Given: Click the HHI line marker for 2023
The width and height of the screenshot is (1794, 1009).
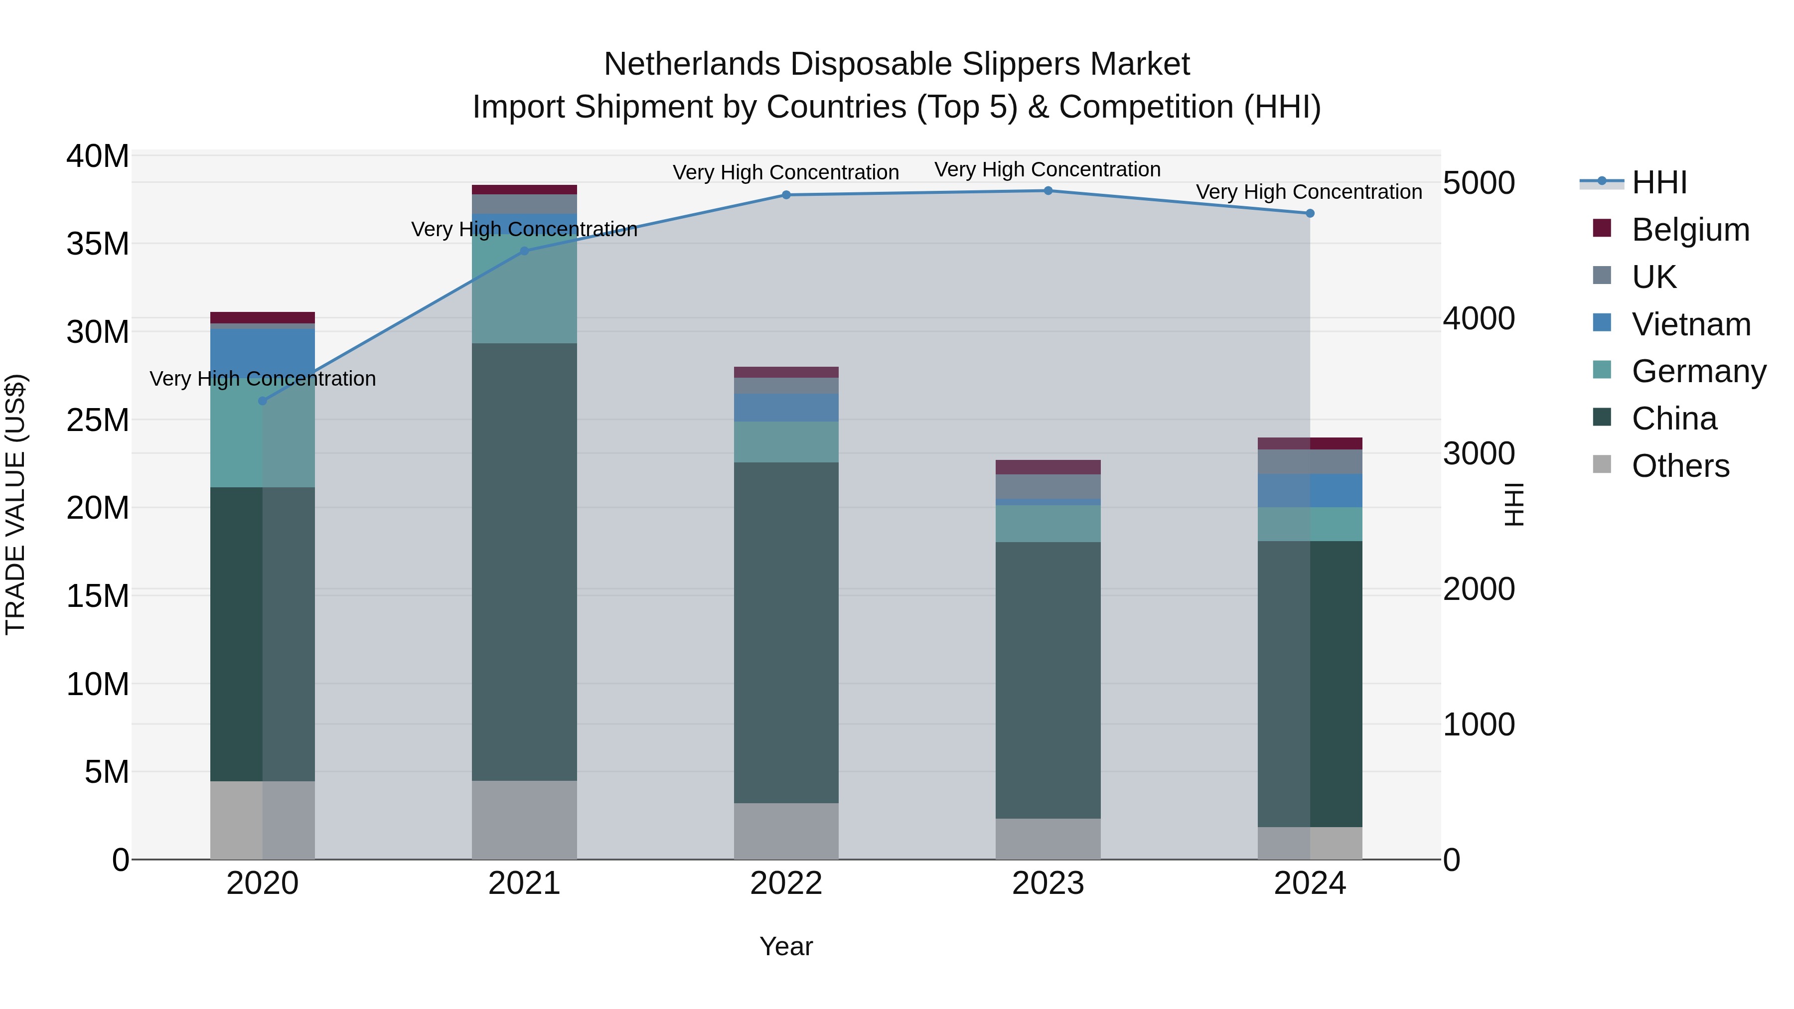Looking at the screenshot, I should click(x=1047, y=191).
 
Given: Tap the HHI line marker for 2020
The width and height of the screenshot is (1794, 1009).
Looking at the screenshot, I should click(x=263, y=401).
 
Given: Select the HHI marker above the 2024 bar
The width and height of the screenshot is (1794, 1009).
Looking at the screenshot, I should click(x=1310, y=214).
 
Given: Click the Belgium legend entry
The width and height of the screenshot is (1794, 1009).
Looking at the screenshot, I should click(x=1690, y=230).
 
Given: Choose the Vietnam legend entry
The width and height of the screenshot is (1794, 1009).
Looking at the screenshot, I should click(x=1690, y=324).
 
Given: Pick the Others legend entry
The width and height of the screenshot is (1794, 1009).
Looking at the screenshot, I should click(x=1680, y=466).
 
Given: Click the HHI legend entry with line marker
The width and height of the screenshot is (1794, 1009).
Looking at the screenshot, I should click(x=1659, y=182).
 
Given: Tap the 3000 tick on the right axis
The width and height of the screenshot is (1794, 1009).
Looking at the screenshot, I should click(x=1479, y=454).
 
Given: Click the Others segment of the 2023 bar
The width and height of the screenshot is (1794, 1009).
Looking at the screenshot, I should click(x=1047, y=839).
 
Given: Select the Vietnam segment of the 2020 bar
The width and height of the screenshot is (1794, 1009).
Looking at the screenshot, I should click(x=263, y=352).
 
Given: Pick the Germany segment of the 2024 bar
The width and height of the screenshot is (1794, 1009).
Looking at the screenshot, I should click(x=1310, y=524).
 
